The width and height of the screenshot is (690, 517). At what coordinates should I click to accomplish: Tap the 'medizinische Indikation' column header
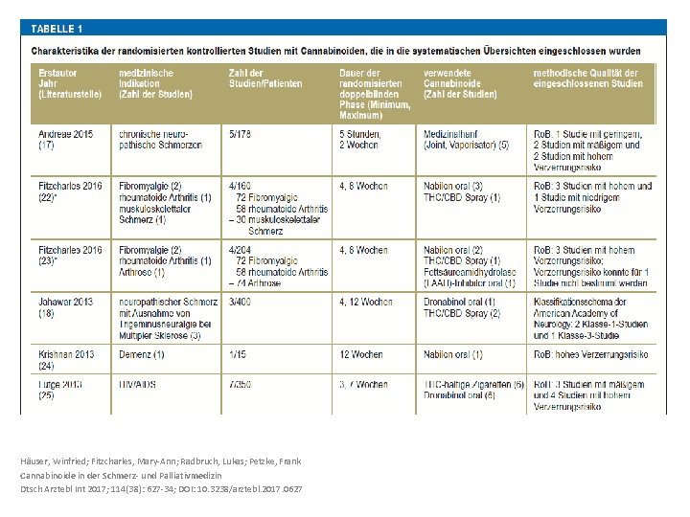click(x=155, y=83)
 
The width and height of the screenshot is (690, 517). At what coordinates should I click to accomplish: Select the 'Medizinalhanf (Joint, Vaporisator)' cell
click(x=467, y=140)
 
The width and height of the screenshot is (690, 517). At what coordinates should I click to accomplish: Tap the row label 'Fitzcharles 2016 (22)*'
click(x=70, y=191)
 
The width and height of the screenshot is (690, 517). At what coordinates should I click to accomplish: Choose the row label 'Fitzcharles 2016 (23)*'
click(x=70, y=256)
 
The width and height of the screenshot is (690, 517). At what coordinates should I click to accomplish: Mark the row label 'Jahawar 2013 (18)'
click(x=66, y=307)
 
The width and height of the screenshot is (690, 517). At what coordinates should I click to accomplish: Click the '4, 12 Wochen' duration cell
click(x=365, y=303)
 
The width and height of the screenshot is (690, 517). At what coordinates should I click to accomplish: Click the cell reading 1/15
click(x=240, y=354)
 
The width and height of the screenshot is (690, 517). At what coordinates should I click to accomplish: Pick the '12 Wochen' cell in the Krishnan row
click(x=362, y=354)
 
